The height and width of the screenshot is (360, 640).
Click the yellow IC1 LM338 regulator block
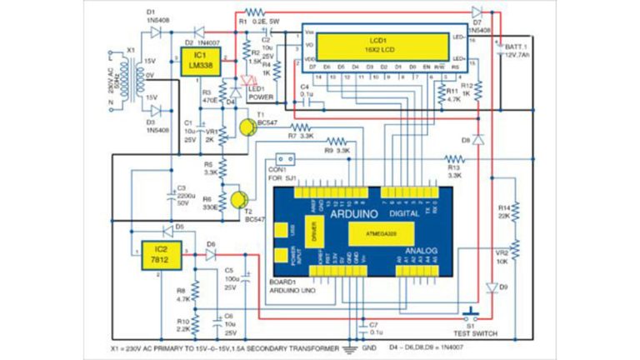click(x=197, y=62)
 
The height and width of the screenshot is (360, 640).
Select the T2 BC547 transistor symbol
click(x=239, y=200)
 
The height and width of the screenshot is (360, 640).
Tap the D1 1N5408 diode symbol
click(x=155, y=32)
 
